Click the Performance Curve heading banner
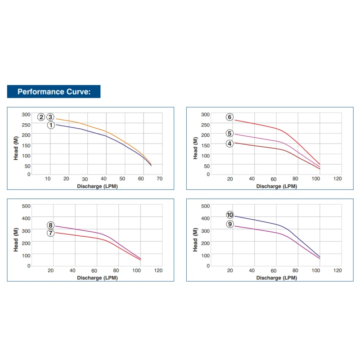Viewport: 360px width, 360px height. coord(54,92)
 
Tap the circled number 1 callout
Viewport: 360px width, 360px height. coord(51,125)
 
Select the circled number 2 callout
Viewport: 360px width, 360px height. coord(41,117)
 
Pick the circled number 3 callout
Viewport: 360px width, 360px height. coord(50,117)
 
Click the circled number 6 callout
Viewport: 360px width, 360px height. coord(229,117)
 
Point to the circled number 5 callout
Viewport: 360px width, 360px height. coord(229,133)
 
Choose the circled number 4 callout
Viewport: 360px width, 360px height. coord(229,144)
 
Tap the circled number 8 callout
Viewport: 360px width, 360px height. coord(50,225)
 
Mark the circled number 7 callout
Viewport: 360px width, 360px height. coord(50,233)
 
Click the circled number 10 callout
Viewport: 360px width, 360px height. coord(229,215)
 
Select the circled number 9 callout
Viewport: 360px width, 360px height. coord(229,224)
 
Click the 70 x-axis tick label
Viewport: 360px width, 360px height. coord(159,179)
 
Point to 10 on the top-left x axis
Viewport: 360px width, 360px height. coord(48,179)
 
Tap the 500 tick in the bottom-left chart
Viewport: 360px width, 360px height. coord(27,206)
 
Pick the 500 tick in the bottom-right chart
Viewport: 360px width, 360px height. coord(205,206)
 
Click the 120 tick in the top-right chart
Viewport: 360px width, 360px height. coord(337,179)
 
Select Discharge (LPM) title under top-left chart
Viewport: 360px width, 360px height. coord(97,186)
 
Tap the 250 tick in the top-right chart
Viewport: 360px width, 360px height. coord(205,124)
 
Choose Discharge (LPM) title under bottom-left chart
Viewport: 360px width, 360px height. coord(97,278)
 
